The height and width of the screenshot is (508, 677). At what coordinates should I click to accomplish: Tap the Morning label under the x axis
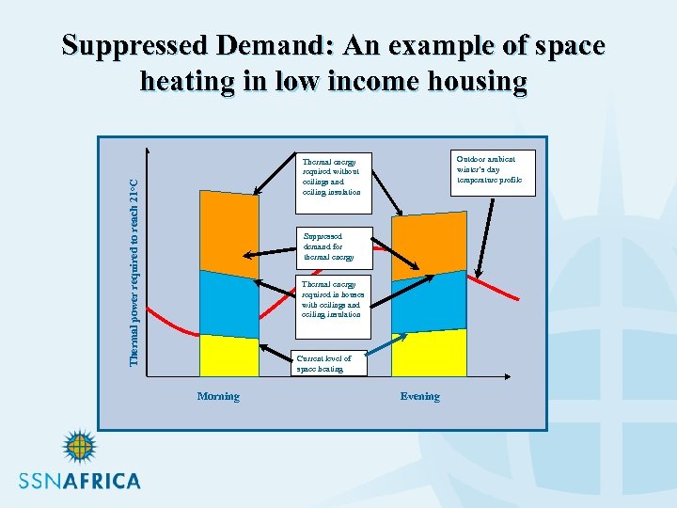(218, 396)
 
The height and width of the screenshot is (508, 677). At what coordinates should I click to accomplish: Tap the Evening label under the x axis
(419, 396)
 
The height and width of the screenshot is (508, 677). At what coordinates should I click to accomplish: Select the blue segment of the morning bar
(228, 303)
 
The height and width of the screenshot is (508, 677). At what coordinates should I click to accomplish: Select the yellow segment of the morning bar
(228, 356)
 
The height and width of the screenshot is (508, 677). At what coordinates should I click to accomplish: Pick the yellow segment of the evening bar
(429, 353)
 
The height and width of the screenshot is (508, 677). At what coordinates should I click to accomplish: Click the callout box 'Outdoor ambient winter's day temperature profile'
(494, 171)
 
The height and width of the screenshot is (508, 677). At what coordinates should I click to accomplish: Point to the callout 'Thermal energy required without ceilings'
(333, 176)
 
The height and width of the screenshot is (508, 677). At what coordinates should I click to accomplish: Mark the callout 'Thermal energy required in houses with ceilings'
(335, 300)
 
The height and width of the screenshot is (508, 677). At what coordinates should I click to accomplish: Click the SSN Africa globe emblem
(79, 448)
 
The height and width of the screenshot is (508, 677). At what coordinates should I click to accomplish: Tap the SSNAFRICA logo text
(80, 481)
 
